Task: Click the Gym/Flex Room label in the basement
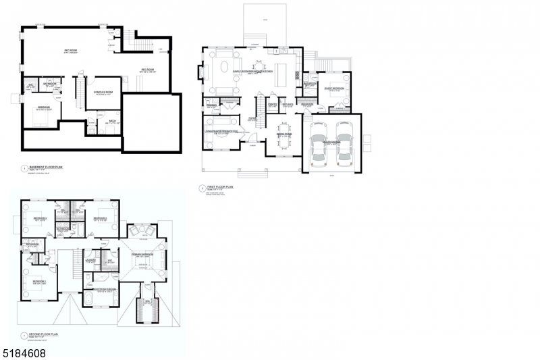coord(103,94)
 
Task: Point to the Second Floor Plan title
coord(43,333)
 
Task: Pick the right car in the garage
coord(345,145)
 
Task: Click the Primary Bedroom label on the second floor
coord(142,255)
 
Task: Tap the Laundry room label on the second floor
coord(90,259)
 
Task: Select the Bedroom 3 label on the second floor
coord(101,219)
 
